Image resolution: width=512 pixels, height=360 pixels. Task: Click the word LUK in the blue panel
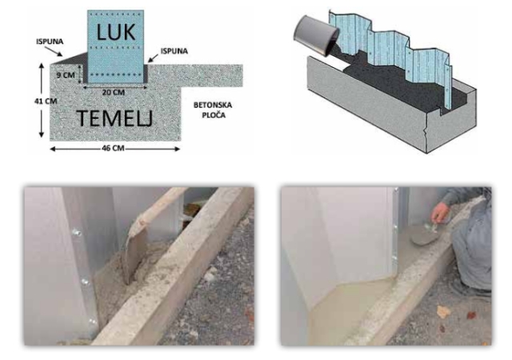115,32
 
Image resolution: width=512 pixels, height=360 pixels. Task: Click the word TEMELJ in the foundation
114,118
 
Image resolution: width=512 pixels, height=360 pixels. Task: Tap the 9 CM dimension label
66,75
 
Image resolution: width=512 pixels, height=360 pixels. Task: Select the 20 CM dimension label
114,93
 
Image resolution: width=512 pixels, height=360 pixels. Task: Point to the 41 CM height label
46,102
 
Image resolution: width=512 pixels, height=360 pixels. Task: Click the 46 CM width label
113,148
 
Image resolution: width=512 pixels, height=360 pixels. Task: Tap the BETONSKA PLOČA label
213,110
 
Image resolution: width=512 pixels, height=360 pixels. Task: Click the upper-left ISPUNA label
50,42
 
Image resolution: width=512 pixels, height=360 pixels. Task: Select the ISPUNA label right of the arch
174,51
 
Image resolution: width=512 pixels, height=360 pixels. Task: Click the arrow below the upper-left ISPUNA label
54,51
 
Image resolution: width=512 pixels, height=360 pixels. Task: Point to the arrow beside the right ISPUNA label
153,58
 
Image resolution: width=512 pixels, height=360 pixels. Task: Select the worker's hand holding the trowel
440,213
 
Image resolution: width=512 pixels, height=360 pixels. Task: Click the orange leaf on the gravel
443,312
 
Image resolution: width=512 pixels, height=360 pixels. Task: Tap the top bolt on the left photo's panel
78,233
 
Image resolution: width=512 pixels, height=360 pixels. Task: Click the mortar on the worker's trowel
425,238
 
